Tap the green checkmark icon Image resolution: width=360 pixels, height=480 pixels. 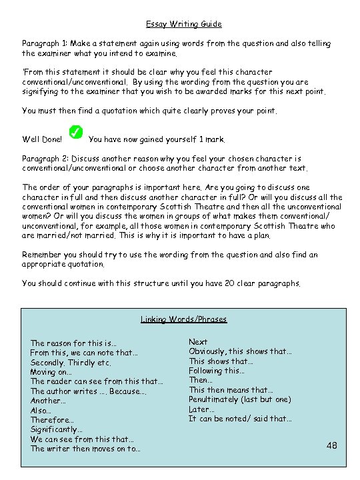coord(76,133)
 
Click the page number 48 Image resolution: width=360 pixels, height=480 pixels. coord(331,445)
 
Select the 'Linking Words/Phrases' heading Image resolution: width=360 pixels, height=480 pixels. coord(183,319)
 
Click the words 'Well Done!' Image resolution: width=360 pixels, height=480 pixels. coord(42,140)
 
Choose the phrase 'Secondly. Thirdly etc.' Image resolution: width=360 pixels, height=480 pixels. coord(71,363)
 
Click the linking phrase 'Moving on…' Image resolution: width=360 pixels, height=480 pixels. coord(51,372)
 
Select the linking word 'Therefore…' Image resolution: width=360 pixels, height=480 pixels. coord(52,420)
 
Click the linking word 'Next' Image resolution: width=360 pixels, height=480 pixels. coord(198,342)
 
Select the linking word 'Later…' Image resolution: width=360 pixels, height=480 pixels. coord(201,409)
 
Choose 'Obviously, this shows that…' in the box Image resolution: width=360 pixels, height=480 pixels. coord(240,351)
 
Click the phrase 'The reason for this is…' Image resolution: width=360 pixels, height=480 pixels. coord(73,343)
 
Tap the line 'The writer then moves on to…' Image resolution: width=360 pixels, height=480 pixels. coord(85,449)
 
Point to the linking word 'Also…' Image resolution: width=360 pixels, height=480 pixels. coord(42,411)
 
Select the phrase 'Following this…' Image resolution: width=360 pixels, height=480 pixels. coord(217,371)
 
